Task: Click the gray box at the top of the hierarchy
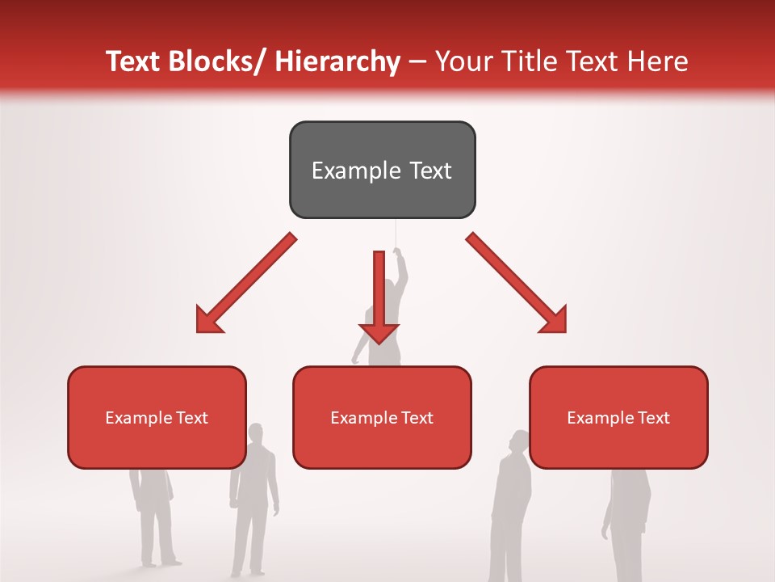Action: (x=382, y=170)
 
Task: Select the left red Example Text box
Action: (x=157, y=417)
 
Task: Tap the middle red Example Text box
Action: (x=382, y=417)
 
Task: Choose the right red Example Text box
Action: (x=618, y=417)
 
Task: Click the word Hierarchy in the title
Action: (x=337, y=61)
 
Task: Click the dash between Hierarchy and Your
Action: (x=417, y=61)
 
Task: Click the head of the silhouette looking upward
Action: (x=519, y=441)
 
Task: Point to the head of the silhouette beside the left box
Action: (x=256, y=432)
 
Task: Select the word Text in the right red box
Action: (x=653, y=417)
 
